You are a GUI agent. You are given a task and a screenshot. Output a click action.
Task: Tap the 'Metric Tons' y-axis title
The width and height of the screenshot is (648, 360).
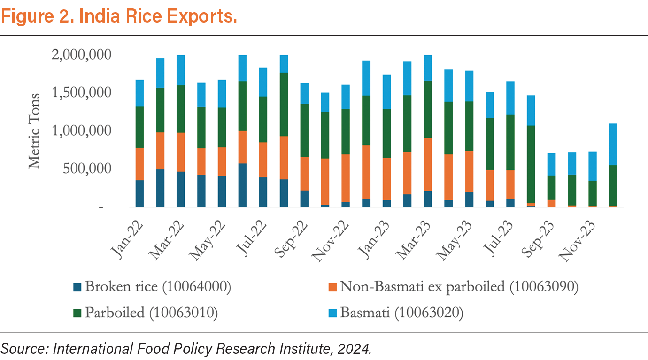[34, 130]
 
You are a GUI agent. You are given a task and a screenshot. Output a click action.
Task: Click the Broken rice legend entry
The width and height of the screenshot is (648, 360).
[152, 287]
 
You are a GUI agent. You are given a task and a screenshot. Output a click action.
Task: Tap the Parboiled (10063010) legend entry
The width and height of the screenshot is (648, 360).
[146, 313]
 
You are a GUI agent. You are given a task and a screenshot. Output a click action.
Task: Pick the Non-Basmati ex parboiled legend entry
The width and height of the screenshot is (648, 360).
[453, 287]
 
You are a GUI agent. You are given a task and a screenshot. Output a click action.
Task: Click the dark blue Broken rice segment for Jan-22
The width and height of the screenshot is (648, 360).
[139, 193]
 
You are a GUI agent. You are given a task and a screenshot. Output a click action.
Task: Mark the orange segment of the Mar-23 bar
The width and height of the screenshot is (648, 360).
[428, 164]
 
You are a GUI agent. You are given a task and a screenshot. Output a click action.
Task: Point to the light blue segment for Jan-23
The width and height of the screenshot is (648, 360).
[386, 92]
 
